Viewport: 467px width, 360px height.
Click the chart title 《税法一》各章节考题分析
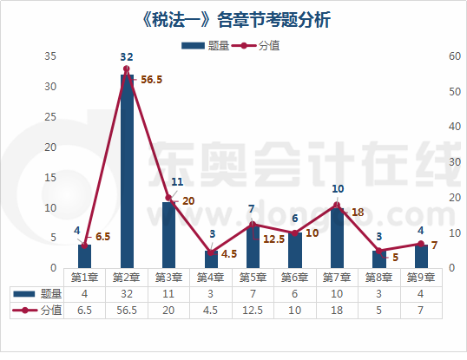pyautogui.click(x=233, y=19)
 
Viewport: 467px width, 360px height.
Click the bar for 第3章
pyautogui.click(x=168, y=234)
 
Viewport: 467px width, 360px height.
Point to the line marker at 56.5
pyautogui.click(x=127, y=69)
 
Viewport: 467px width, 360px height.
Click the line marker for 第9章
pyautogui.click(x=421, y=244)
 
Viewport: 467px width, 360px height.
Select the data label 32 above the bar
pyautogui.click(x=127, y=56)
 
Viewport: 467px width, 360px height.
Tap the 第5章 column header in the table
pyautogui.click(x=253, y=278)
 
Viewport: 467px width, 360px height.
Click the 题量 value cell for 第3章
pyautogui.click(x=168, y=294)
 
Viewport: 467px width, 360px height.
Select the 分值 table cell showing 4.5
pyautogui.click(x=211, y=311)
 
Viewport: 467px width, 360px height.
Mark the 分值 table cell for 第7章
pyautogui.click(x=337, y=311)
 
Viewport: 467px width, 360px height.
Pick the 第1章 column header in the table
pyautogui.click(x=84, y=278)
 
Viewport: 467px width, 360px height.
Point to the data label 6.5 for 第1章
pyautogui.click(x=102, y=236)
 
